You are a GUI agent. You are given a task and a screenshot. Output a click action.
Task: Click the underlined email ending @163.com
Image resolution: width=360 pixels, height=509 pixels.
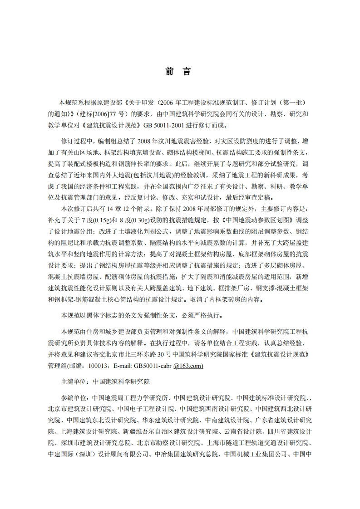coord(186,365)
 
